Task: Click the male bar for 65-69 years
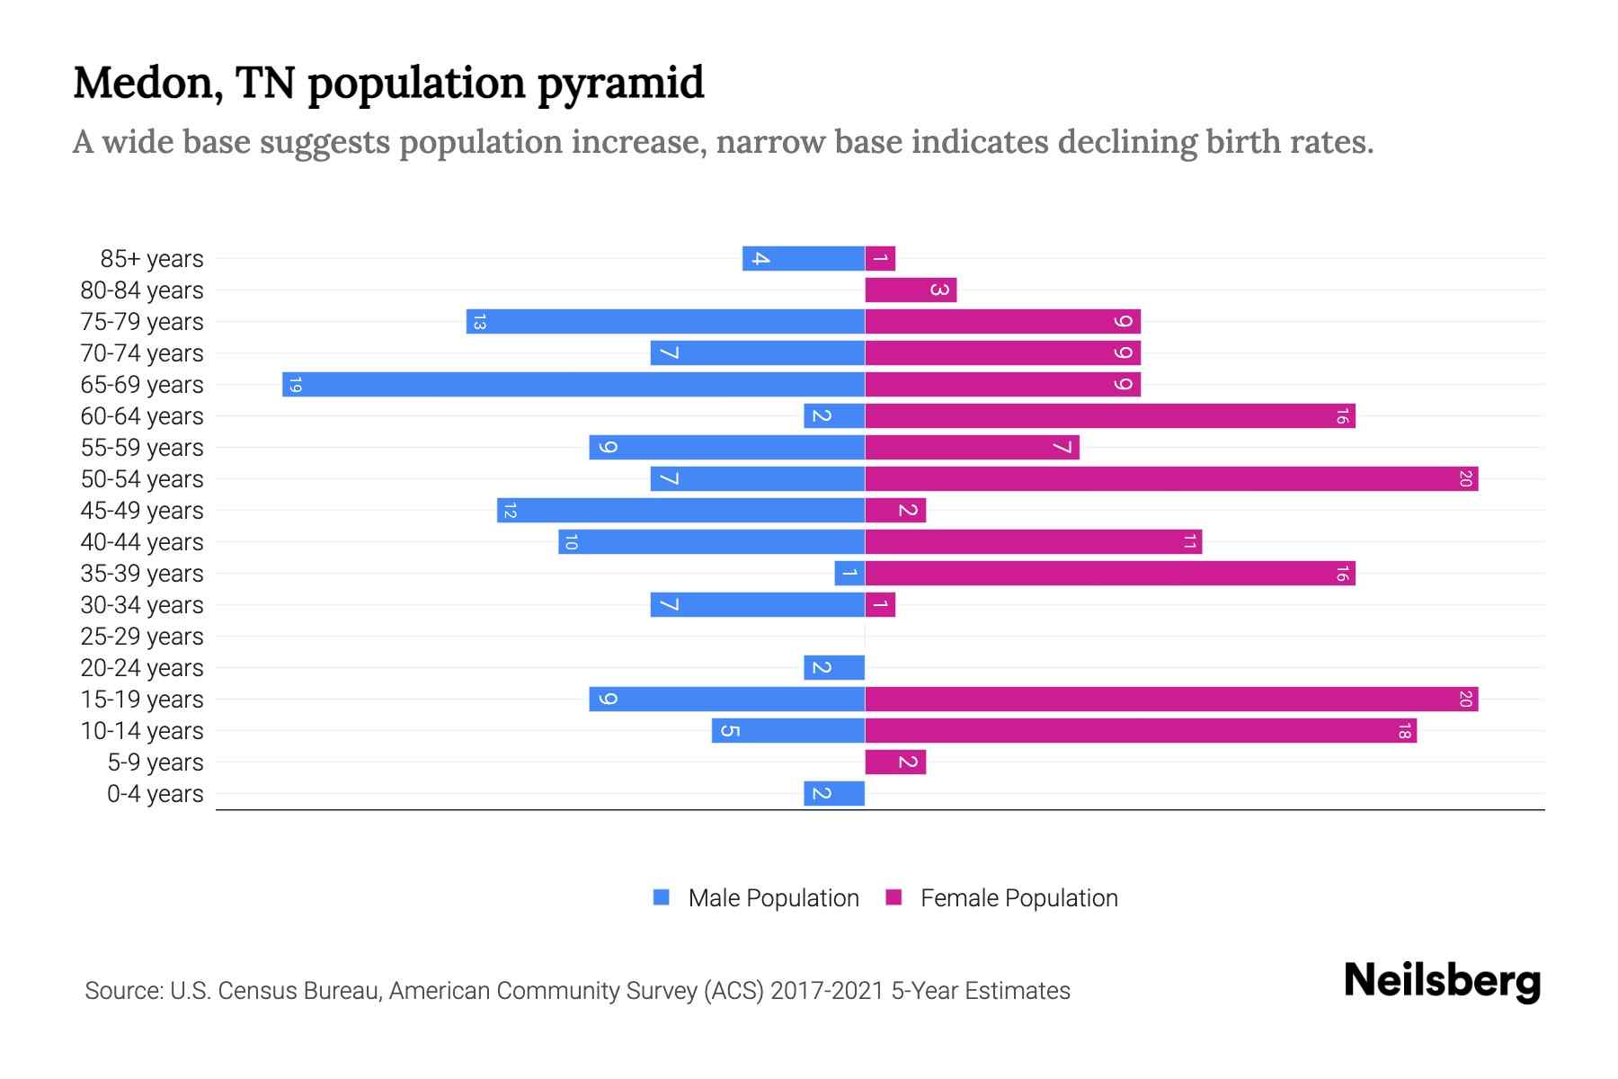pos(573,385)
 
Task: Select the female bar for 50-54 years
pos(1171,479)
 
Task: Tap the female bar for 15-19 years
pos(1171,700)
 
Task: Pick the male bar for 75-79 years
pos(665,322)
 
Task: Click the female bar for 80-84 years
pos(911,290)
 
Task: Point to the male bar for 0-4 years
pos(834,794)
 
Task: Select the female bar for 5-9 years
pos(895,762)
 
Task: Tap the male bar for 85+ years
pos(804,259)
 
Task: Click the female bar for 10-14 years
pos(1141,731)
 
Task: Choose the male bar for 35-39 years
pos(849,574)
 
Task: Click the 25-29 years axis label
pos(142,637)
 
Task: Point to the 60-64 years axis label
pos(142,416)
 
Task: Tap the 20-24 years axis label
pos(142,668)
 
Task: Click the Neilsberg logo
pos(1442,981)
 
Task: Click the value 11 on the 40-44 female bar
pos(1189,542)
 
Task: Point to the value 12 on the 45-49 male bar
pos(510,511)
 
